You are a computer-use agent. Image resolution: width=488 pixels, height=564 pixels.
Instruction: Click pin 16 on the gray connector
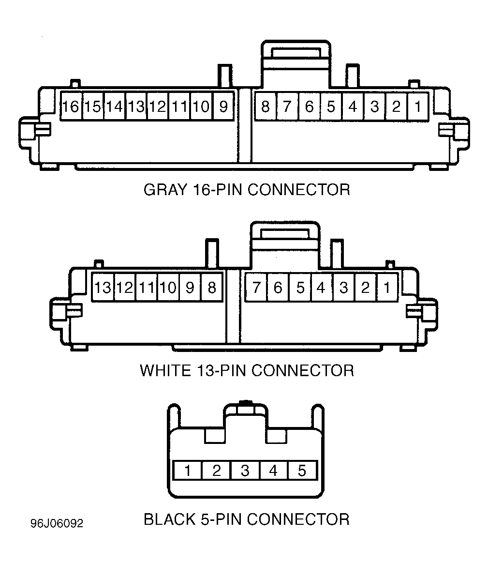tap(71, 107)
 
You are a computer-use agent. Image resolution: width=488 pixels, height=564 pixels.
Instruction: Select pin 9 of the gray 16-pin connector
tap(223, 107)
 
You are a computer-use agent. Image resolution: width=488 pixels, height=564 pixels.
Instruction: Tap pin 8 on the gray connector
tap(266, 107)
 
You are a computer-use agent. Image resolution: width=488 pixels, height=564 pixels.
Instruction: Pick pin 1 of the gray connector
tap(418, 107)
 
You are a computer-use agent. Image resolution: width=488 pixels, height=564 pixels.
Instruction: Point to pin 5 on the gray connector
tap(331, 107)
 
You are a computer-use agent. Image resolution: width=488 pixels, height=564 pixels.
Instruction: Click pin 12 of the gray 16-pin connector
tap(158, 107)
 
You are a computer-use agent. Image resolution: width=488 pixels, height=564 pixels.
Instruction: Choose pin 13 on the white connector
tap(103, 288)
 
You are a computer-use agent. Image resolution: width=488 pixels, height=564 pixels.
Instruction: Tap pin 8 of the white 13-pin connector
tap(212, 288)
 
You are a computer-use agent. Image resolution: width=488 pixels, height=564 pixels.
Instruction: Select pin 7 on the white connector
tap(256, 288)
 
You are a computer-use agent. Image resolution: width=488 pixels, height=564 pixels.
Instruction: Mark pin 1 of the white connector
tap(387, 288)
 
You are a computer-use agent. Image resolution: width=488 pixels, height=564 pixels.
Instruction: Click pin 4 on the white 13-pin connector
tap(322, 288)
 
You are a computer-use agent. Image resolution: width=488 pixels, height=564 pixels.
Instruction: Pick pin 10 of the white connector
tap(168, 288)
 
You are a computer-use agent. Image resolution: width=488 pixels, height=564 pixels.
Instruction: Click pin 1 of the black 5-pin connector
tap(188, 471)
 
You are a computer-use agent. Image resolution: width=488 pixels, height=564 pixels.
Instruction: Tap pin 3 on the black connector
tap(245, 471)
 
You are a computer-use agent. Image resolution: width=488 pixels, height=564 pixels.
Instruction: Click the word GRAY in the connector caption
tap(165, 190)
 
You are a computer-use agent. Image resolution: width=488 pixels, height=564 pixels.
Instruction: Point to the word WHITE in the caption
tap(165, 370)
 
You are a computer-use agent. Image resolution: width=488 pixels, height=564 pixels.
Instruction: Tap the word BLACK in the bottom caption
tap(170, 519)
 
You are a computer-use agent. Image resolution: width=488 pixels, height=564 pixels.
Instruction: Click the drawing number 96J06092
tap(57, 523)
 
